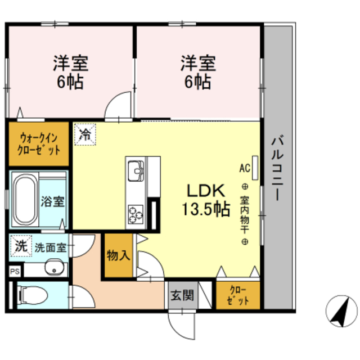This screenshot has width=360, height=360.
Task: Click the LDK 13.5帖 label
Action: click(205, 200)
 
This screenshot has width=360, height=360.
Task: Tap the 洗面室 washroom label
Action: click(51, 246)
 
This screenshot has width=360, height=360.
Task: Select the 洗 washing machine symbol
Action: click(21, 245)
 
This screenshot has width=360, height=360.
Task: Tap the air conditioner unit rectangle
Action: click(255, 167)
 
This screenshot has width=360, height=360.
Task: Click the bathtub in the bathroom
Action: click(25, 200)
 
